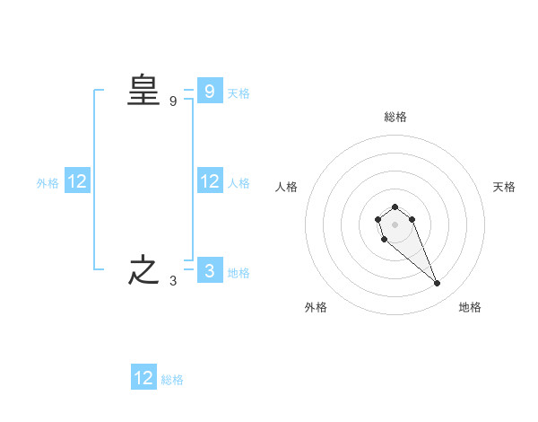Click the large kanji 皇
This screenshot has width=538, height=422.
point(143,91)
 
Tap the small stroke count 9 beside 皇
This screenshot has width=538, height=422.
point(173,101)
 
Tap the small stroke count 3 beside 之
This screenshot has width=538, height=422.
point(173,280)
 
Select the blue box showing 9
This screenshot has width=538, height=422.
point(209,91)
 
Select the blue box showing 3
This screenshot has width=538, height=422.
point(209,270)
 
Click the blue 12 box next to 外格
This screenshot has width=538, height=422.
point(76,181)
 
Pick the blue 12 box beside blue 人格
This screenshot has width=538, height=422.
point(209,181)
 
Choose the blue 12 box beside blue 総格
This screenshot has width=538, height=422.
point(143,378)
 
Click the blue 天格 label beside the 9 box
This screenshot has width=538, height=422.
point(239,92)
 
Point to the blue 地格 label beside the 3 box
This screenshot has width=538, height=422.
point(239,272)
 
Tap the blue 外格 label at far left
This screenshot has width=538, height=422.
point(48,183)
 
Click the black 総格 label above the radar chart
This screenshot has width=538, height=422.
point(395,117)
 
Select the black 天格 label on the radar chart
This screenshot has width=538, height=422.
point(505,187)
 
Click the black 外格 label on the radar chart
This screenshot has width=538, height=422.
point(316,307)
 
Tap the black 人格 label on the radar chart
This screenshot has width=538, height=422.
point(286,187)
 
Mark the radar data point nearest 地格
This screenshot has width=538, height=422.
point(438,284)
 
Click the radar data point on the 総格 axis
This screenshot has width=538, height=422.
point(395,207)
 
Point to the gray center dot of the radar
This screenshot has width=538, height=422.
point(395,224)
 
